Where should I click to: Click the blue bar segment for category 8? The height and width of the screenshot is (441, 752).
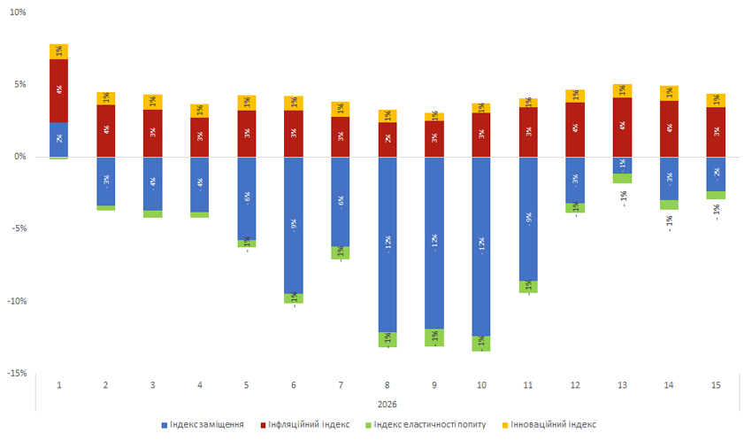point(388,244)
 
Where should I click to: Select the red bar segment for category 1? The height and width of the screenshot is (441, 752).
point(59,90)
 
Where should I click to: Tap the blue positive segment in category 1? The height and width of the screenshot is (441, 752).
point(59,139)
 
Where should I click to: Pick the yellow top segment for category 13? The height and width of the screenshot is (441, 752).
point(622,90)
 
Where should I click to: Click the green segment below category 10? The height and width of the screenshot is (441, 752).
point(481,344)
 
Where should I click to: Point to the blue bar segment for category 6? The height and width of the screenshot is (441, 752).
point(294,225)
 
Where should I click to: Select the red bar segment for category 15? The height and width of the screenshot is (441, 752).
point(716,131)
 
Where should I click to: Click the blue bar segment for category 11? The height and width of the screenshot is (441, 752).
point(528,219)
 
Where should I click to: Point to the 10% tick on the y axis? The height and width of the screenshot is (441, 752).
point(18,13)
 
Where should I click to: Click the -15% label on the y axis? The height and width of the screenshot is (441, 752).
point(16,373)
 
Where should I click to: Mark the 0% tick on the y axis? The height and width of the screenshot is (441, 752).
point(19,157)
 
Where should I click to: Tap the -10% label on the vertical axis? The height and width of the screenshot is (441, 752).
point(16,301)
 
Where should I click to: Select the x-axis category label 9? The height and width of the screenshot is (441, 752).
point(434,385)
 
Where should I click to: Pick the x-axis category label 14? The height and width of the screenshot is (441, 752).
point(669,385)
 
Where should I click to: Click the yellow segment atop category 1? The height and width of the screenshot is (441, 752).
point(59,51)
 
